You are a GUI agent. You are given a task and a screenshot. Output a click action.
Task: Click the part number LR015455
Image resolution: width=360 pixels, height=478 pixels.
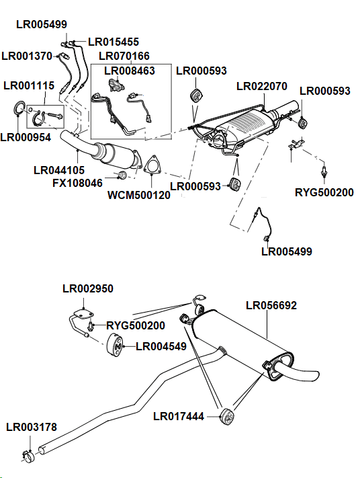coord(114,42)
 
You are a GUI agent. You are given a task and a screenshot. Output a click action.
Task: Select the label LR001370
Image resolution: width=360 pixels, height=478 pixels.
coord(27,56)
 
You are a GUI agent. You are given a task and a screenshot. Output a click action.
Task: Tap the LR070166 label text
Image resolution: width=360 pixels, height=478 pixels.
coord(124,56)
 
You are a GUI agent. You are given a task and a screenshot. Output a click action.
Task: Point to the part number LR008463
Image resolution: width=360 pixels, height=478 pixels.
coord(129,70)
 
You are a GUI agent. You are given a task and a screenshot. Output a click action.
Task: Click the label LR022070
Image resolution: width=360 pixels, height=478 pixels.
coord(262,86)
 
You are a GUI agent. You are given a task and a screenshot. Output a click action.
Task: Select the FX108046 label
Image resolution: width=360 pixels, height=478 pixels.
coord(77,182)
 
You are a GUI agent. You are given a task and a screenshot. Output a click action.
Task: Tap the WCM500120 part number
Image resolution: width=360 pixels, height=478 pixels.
coord(139,196)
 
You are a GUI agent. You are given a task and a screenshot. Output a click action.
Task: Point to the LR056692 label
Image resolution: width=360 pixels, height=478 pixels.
coord(271,305)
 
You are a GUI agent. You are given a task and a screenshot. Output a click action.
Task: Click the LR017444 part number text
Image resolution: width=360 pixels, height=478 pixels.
coord(179,416)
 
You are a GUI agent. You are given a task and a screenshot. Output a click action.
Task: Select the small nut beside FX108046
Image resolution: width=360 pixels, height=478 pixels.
coord(122,175)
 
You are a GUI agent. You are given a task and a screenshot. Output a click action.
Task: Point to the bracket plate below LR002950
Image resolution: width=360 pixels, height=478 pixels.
coord(82,313)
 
